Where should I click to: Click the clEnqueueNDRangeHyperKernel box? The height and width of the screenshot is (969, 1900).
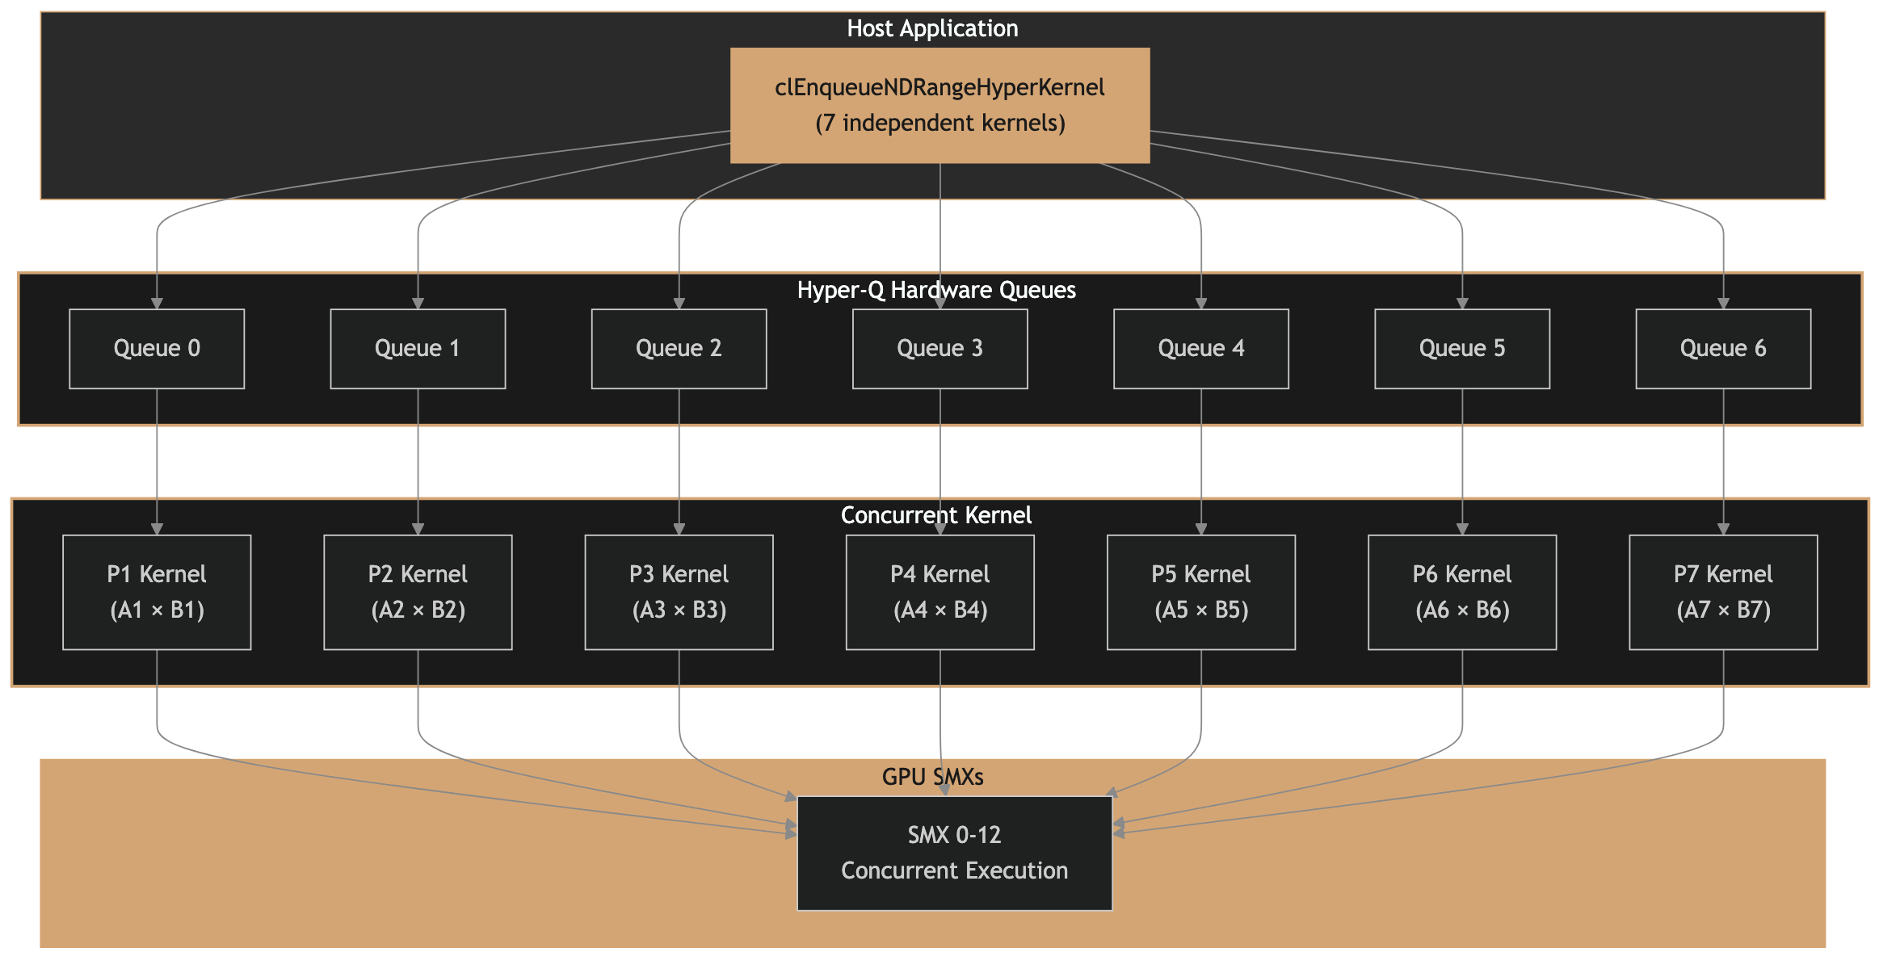click(x=939, y=105)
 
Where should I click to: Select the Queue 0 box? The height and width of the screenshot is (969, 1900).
click(x=157, y=349)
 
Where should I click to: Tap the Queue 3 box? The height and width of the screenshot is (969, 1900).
click(x=939, y=349)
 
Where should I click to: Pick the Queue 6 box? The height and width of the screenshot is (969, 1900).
click(x=1723, y=349)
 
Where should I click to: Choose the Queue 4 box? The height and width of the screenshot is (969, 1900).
click(x=1200, y=349)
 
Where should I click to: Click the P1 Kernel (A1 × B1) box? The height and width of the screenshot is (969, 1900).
click(x=157, y=592)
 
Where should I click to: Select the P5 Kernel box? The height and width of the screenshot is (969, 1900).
click(x=1200, y=592)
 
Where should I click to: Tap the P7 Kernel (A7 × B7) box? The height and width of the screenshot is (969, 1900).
click(x=1723, y=592)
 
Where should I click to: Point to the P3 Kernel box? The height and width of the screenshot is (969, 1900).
click(x=679, y=592)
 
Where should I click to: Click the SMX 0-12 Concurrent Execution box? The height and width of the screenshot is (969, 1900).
click(x=954, y=853)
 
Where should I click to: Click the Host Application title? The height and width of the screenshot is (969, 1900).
click(x=932, y=28)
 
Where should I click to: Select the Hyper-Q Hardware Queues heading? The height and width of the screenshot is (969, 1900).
click(x=936, y=290)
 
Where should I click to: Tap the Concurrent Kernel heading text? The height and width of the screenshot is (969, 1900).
click(x=936, y=515)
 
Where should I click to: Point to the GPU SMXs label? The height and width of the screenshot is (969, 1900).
click(x=932, y=777)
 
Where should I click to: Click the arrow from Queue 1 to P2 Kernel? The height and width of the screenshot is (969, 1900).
click(x=418, y=460)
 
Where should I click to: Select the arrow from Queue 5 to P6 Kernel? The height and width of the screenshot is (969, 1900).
click(x=1462, y=460)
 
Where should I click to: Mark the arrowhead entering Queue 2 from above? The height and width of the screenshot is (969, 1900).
click(x=679, y=304)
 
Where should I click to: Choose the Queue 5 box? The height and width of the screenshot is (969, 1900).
click(x=1462, y=349)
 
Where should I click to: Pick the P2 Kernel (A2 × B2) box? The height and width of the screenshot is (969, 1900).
click(x=418, y=592)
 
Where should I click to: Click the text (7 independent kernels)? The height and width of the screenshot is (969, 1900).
click(x=939, y=123)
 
